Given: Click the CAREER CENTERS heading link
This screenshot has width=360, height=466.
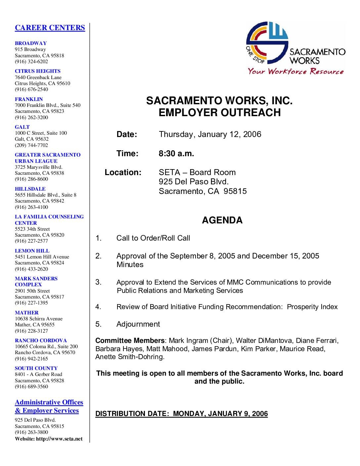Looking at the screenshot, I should pos(50,28).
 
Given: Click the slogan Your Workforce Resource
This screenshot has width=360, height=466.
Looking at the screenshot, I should pos(296,71).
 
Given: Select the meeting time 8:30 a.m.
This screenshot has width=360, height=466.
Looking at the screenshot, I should pos(176,154).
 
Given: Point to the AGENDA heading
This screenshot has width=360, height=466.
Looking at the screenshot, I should pos(222,220).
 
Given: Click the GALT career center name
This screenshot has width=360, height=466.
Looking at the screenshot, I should pos(22,127).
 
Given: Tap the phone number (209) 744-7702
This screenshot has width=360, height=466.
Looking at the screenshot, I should pos(31,145).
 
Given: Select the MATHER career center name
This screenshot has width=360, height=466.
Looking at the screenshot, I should pos(26,313).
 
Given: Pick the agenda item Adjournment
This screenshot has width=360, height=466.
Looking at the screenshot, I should pos(138,324).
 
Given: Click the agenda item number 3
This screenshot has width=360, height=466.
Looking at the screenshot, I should pos(98,282).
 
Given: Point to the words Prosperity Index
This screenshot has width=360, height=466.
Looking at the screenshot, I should pos(312,307).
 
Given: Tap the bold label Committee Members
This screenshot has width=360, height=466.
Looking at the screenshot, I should pos(130,341).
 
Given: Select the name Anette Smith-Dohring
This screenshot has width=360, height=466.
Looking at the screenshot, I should pos(130,357).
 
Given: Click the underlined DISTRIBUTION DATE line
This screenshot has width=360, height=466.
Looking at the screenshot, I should pos(181,414).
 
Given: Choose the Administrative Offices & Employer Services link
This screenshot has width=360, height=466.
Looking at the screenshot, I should pos(49,407).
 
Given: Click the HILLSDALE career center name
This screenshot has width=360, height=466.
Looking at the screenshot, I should pos(30,189).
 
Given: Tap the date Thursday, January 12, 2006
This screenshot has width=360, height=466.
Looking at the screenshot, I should pos(210,134).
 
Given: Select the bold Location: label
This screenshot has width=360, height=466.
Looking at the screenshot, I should pos(123,173).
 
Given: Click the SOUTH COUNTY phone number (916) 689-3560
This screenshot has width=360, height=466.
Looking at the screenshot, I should pos(31,387).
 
